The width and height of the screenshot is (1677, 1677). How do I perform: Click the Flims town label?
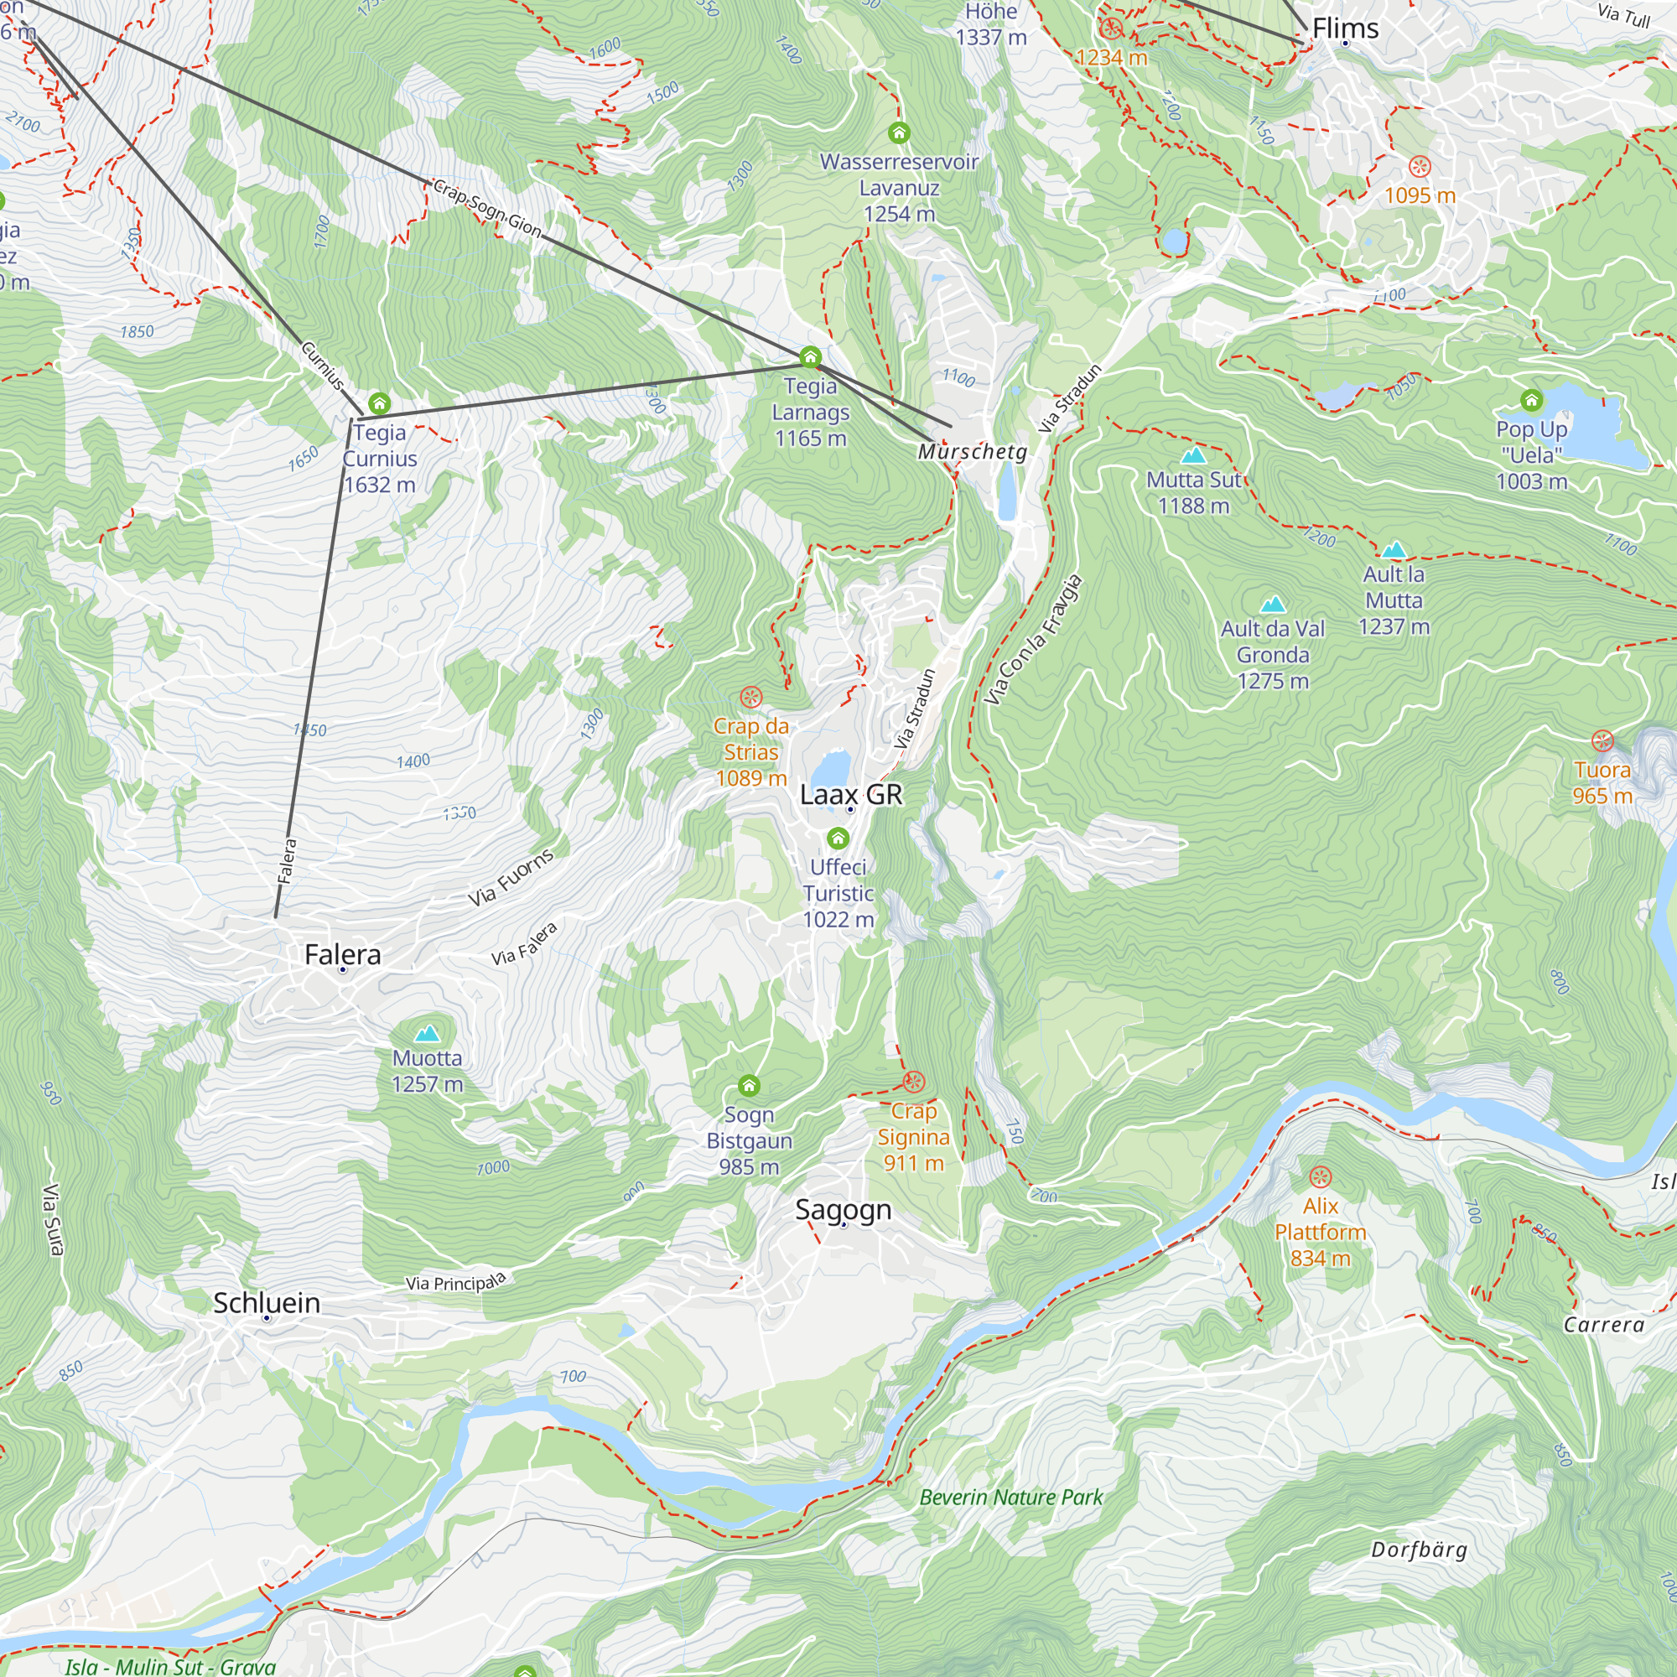(x=1345, y=29)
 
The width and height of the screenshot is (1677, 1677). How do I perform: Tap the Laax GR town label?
(x=850, y=794)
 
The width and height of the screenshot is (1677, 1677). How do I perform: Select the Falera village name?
(x=343, y=955)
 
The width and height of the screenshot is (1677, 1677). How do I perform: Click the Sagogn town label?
(x=843, y=1210)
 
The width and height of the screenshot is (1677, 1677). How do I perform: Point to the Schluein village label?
(x=267, y=1303)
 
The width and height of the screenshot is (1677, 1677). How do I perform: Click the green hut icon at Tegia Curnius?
(x=379, y=403)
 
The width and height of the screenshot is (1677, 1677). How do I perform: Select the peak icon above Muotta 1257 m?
(x=426, y=1034)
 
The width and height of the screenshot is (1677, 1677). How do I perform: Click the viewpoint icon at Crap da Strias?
(x=750, y=697)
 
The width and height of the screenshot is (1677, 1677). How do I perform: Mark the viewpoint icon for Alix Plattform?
(x=1321, y=1178)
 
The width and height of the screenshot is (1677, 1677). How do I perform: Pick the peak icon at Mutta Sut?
(x=1193, y=455)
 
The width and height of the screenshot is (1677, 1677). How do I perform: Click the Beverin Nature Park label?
(x=1010, y=1498)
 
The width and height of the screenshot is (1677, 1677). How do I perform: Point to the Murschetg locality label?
(x=972, y=452)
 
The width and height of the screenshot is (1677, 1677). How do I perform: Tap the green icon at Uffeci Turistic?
(x=838, y=838)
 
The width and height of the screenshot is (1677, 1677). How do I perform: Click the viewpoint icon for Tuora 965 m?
(x=1602, y=741)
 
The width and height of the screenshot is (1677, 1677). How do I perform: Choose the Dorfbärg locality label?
(x=1419, y=1550)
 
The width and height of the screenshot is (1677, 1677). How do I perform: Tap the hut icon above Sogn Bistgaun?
(x=749, y=1086)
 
